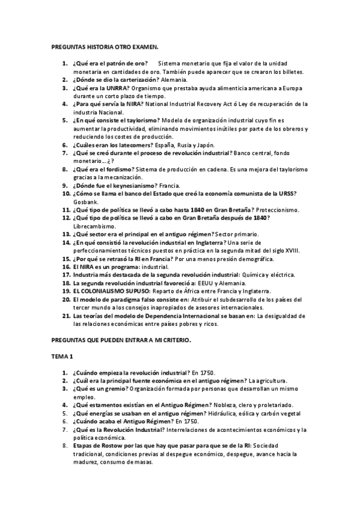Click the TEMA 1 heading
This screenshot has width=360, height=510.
click(x=62, y=357)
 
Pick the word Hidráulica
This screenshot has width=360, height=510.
click(x=225, y=414)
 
